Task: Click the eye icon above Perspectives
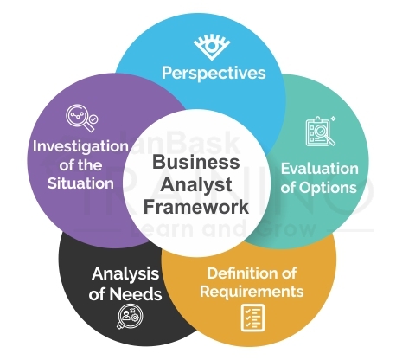[212, 44]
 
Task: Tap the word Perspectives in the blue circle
[214, 73]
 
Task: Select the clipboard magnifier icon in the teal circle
[319, 132]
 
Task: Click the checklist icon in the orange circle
[251, 319]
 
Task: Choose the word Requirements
[252, 292]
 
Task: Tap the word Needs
[136, 294]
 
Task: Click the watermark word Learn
[163, 231]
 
